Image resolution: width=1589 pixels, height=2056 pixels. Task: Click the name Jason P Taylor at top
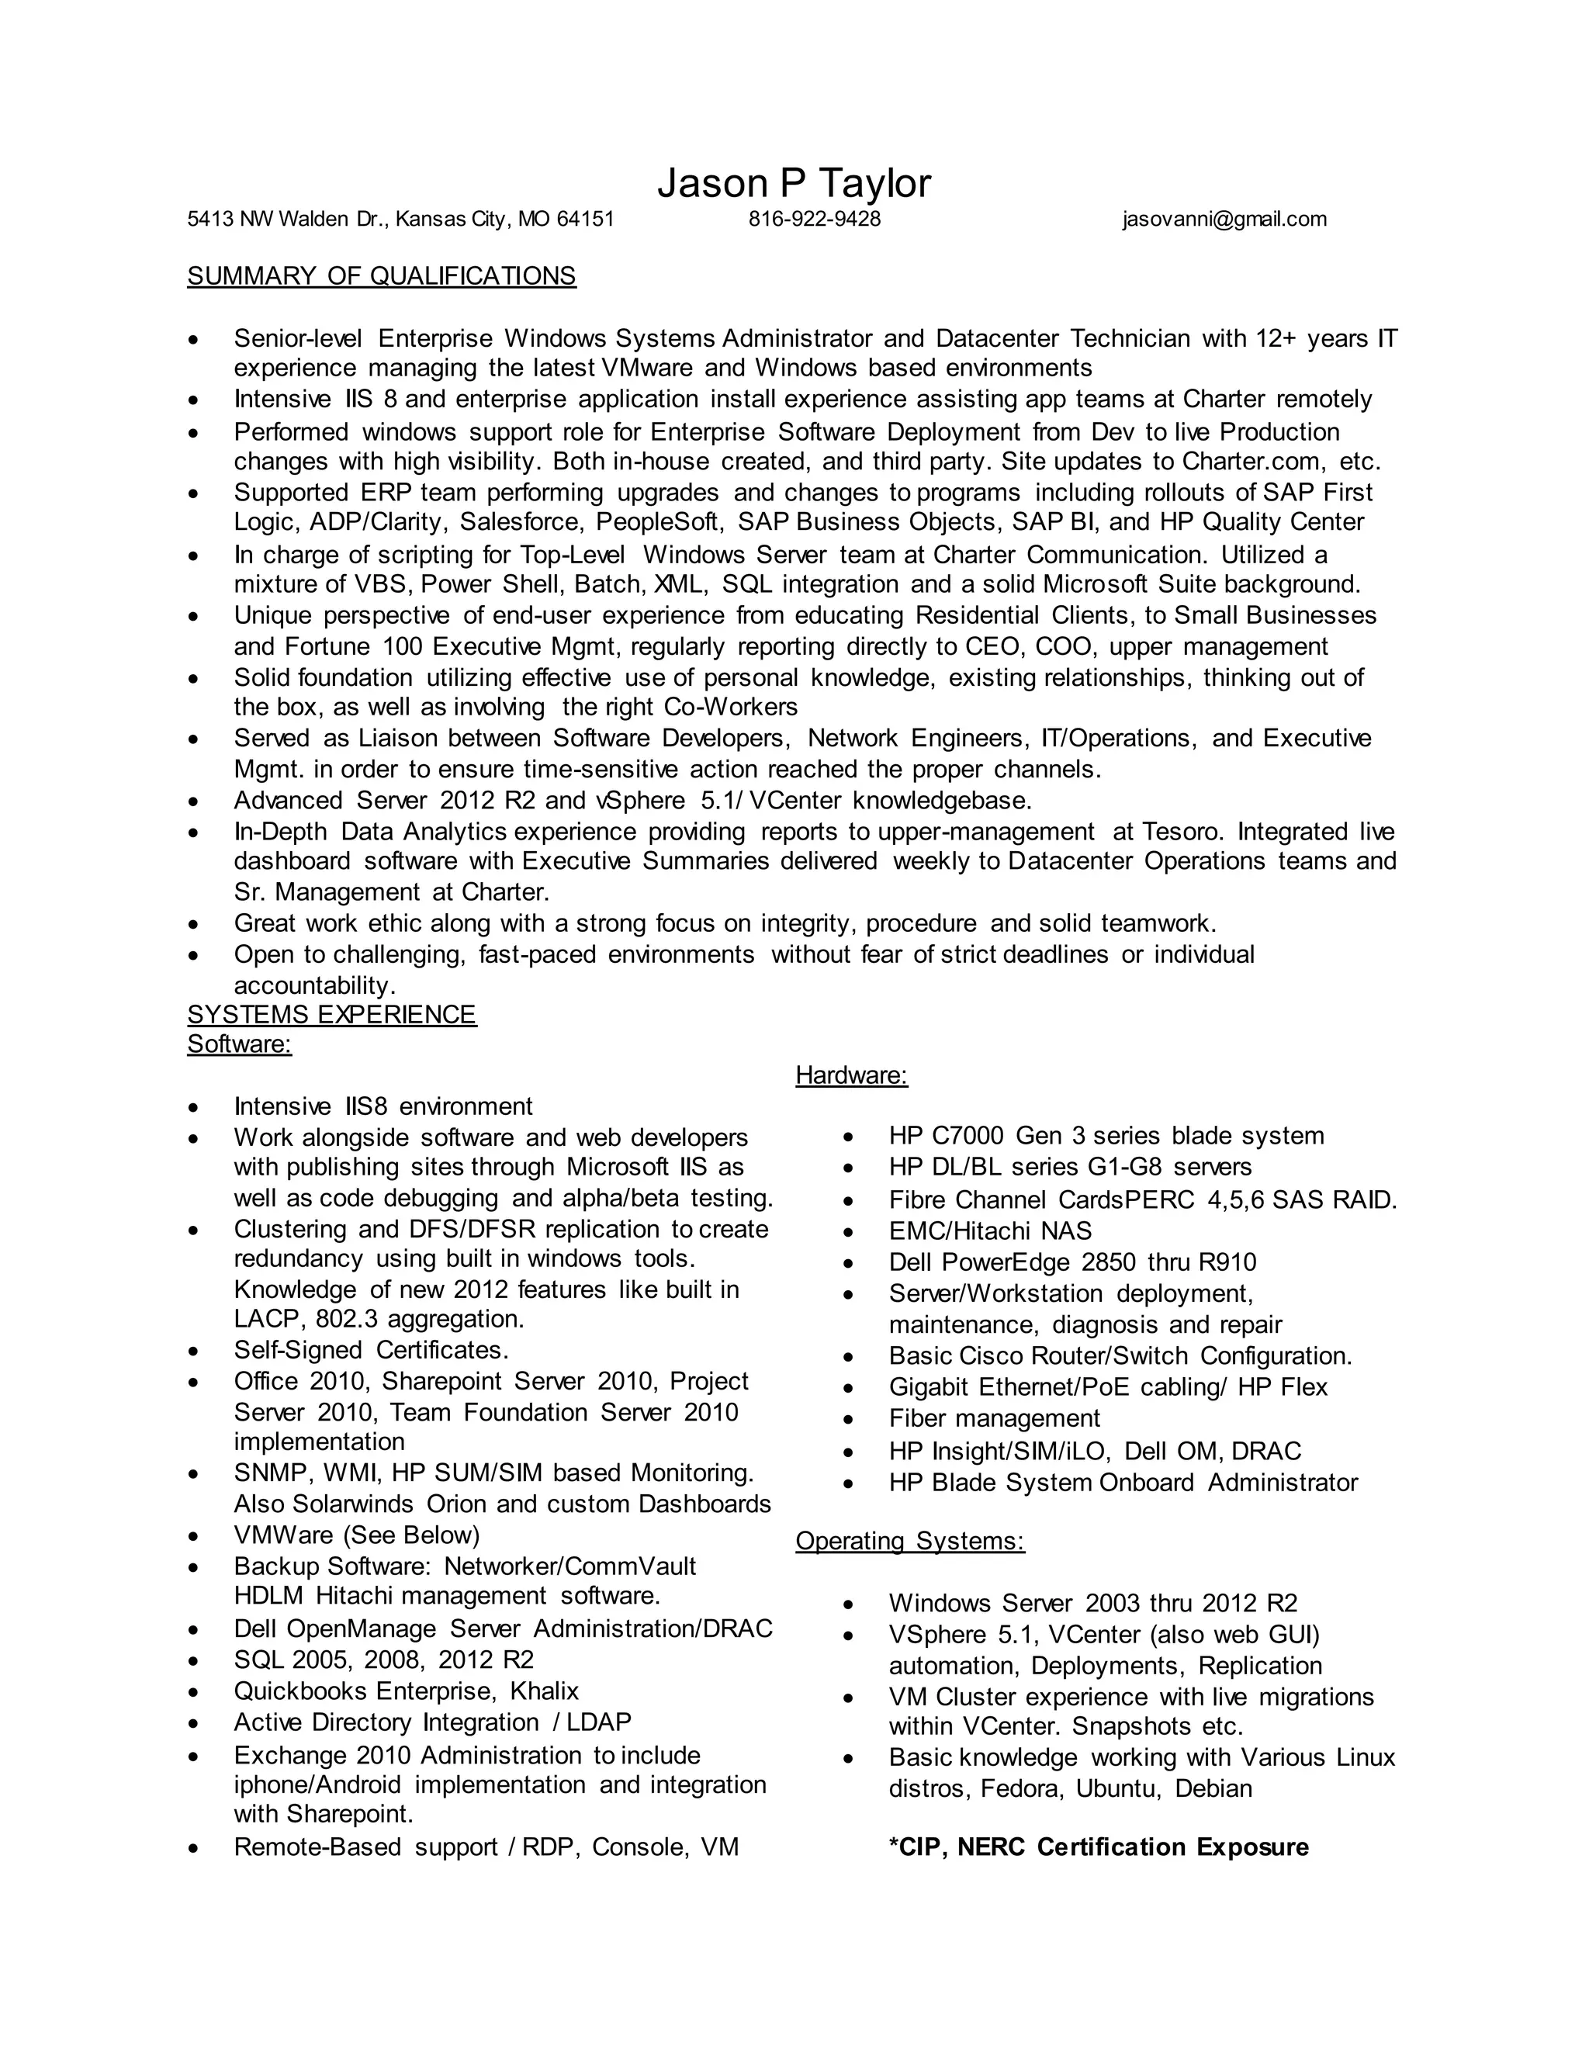[x=794, y=184]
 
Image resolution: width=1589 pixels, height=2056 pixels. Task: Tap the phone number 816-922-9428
[x=814, y=220]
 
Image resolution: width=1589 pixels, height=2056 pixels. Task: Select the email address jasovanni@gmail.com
[x=1224, y=220]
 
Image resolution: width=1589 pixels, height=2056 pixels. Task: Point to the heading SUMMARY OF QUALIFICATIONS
[x=381, y=276]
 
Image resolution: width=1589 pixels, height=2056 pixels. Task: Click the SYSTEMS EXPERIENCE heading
[x=331, y=1014]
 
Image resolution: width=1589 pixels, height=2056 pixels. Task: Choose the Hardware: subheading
[x=851, y=1075]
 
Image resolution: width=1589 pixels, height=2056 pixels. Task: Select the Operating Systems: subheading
[x=909, y=1541]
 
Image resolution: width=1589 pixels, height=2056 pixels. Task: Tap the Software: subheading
[x=239, y=1044]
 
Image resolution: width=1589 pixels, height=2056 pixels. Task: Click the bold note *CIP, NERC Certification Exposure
[x=1099, y=1847]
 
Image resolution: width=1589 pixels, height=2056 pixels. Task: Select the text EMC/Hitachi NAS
[x=989, y=1231]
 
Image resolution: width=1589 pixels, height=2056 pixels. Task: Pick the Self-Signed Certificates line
[x=371, y=1350]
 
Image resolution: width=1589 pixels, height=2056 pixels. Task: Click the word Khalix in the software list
[x=544, y=1691]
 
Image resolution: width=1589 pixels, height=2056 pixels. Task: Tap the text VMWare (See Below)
[x=357, y=1535]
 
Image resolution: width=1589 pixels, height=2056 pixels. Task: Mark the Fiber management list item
[x=994, y=1419]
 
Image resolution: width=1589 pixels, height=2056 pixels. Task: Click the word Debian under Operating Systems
[x=1213, y=1788]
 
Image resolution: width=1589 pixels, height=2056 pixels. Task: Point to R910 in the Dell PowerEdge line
[x=1227, y=1262]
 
